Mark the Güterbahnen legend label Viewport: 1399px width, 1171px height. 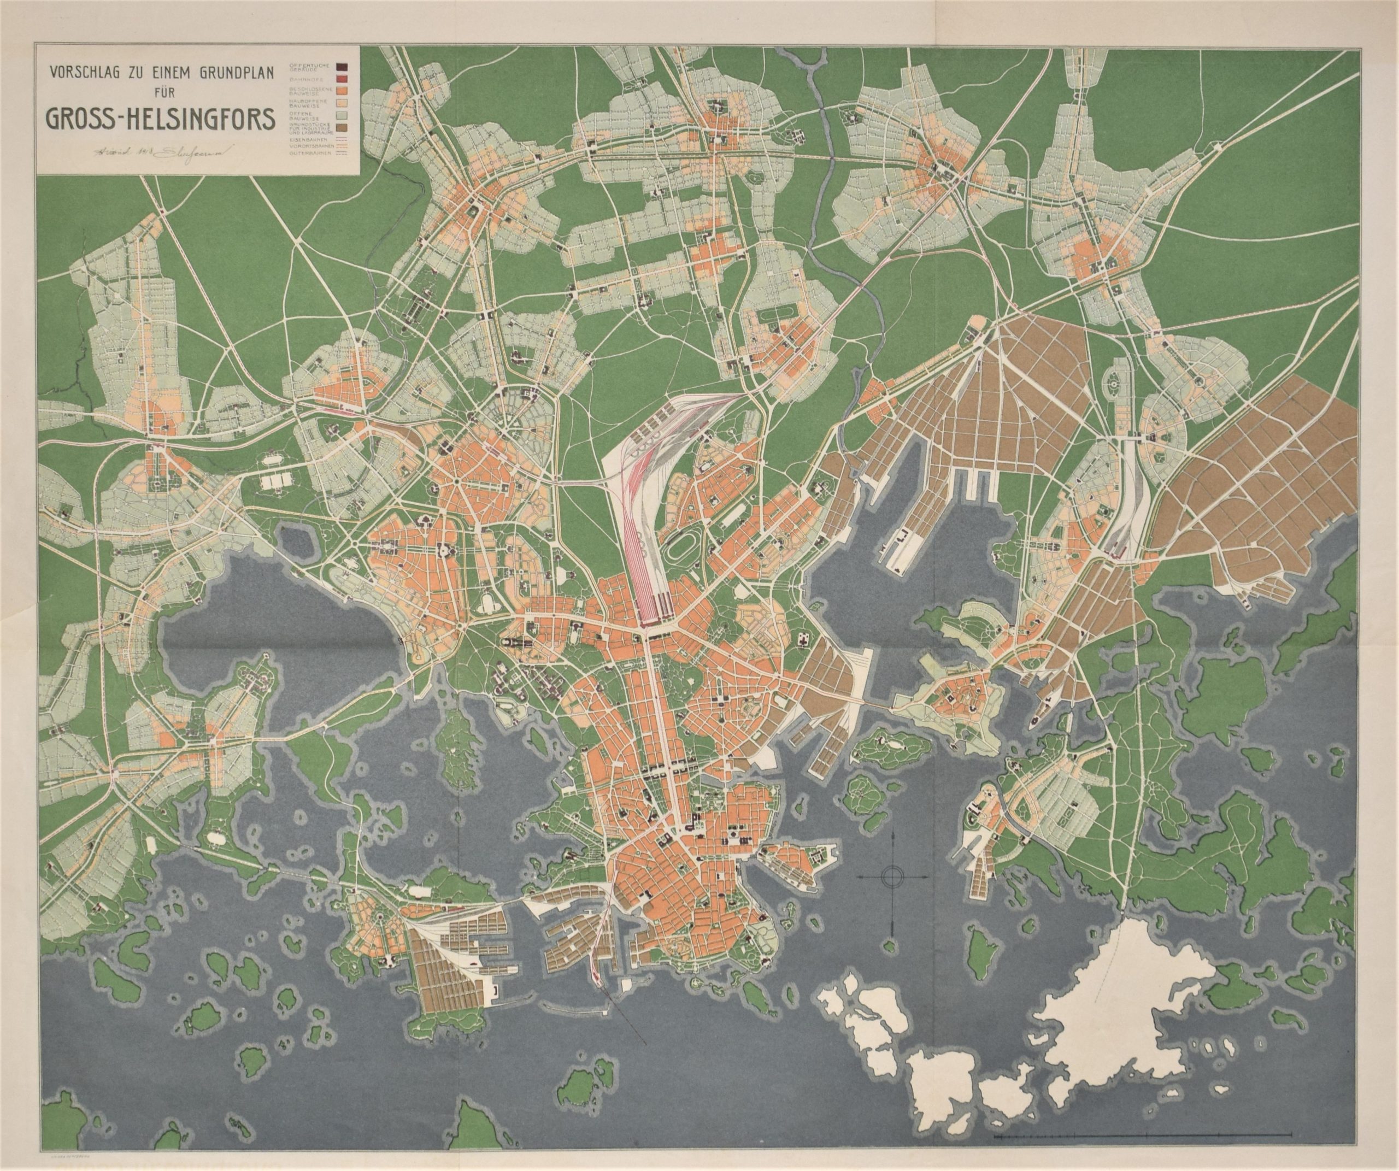pos(310,154)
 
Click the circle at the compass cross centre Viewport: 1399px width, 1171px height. pos(891,877)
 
